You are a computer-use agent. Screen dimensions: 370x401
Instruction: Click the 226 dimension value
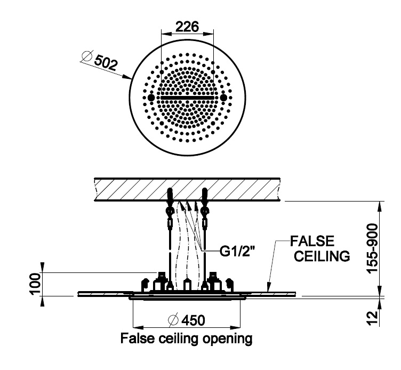click(187, 26)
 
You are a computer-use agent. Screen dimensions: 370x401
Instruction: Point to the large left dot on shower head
click(151, 98)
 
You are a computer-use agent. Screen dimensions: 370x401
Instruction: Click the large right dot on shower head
click(223, 98)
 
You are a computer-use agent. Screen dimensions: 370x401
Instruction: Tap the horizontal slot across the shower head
click(187, 99)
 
